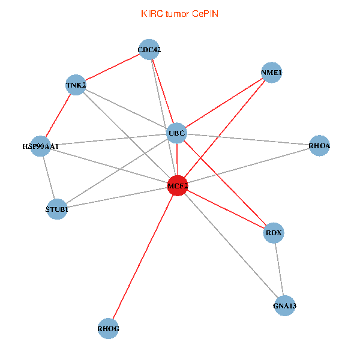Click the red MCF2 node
(x=178, y=186)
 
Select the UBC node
(x=176, y=133)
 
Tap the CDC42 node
(x=149, y=50)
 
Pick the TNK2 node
(x=76, y=85)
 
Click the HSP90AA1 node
(x=40, y=146)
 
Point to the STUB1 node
(x=56, y=209)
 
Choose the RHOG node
(x=109, y=329)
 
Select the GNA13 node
(x=284, y=306)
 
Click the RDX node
(x=273, y=233)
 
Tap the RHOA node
(x=319, y=146)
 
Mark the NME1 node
(x=272, y=73)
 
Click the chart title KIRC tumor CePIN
(x=179, y=13)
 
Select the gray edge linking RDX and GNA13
(x=278, y=269)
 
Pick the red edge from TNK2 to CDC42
(x=113, y=67)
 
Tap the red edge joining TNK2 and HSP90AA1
(x=58, y=115)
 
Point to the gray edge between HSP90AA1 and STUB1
(x=48, y=178)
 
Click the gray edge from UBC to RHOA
(x=248, y=139)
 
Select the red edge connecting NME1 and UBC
(x=224, y=103)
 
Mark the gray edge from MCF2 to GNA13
(x=231, y=246)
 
